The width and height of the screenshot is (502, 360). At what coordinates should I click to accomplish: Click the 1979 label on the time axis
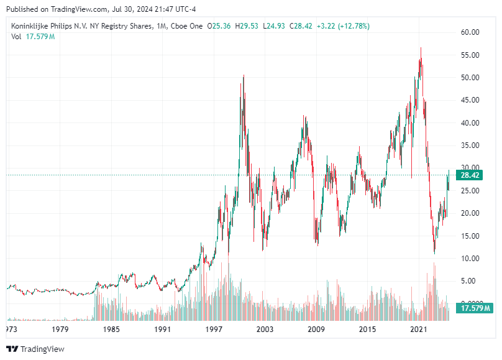[60, 329]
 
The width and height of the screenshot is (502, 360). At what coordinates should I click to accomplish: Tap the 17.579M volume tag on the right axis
[475, 308]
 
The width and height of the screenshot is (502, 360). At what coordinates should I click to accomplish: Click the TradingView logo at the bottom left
[35, 349]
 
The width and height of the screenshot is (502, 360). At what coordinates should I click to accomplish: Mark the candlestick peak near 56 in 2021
[421, 48]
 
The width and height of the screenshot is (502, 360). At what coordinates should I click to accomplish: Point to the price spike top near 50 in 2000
[243, 76]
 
